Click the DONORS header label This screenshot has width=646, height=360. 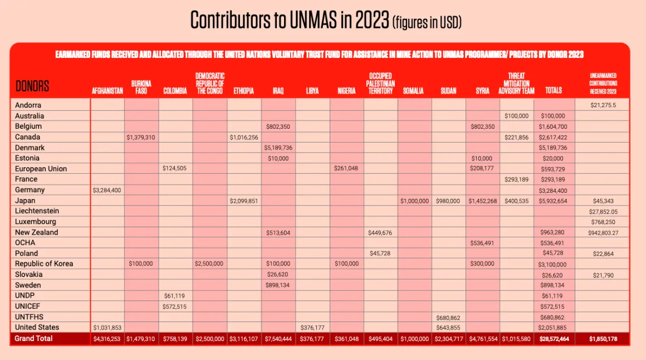32,86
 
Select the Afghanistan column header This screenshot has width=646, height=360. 107,91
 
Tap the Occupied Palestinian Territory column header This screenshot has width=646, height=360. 380,84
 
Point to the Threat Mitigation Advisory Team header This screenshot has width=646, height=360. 516,84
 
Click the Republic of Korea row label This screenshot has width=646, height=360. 43,264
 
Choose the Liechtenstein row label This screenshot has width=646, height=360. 37,211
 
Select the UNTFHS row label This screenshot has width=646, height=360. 29,317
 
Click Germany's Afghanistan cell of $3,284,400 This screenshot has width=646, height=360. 107,190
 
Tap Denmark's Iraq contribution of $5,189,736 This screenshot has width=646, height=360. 278,148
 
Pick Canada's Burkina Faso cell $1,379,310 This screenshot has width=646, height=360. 141,137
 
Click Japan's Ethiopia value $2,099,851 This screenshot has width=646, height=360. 244,201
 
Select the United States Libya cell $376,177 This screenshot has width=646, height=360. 312,328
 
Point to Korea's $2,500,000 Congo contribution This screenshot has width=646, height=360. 209,264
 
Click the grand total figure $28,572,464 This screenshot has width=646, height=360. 554,339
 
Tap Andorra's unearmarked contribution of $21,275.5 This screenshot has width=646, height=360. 603,105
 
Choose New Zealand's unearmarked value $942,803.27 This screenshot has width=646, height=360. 603,232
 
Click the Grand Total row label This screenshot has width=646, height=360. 33,339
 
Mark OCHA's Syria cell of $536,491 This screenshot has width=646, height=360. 482,244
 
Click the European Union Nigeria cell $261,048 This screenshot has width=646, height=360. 346,168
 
